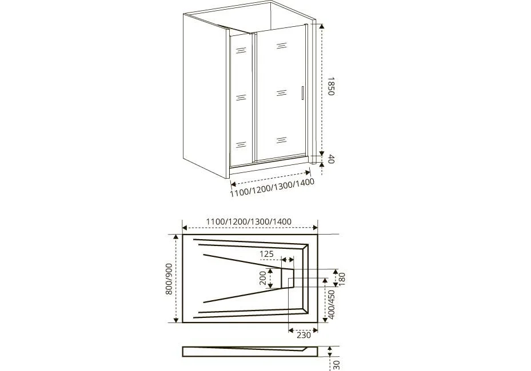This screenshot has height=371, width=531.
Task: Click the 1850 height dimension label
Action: [x=331, y=87]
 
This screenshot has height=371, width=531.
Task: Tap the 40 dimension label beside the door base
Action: [x=331, y=159]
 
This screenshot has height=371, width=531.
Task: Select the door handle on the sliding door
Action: [x=302, y=94]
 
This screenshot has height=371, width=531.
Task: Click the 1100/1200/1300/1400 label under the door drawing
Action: [x=272, y=187]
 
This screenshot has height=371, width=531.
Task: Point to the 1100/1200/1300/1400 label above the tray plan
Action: [x=249, y=222]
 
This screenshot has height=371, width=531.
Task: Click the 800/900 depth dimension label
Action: [x=169, y=279]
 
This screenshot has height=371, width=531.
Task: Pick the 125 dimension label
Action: [x=266, y=253]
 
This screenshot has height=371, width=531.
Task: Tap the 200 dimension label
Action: [x=263, y=278]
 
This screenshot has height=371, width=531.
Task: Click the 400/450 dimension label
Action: [x=332, y=304]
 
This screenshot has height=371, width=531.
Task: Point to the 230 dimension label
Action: [x=304, y=335]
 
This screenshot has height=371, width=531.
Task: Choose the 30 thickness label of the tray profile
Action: [x=336, y=365]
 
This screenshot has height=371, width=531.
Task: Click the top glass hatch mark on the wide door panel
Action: [x=281, y=46]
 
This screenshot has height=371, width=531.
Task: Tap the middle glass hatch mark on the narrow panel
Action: [x=241, y=98]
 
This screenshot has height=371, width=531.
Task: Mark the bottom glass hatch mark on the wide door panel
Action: [x=281, y=140]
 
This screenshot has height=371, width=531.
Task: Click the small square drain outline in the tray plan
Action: [x=291, y=281]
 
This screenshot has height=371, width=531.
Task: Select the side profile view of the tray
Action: [x=250, y=352]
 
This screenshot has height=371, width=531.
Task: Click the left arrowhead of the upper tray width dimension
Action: [x=185, y=228]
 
